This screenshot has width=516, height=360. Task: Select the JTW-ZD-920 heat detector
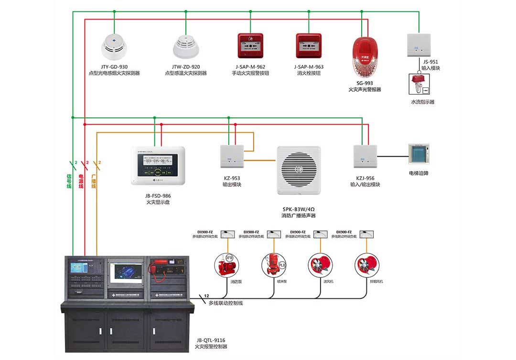point(185,45)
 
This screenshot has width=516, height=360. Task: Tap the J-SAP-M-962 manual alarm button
point(250,46)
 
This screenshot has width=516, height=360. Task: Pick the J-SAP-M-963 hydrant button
point(309,46)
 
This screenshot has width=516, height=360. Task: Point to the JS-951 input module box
point(419,45)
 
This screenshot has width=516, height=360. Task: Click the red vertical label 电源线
point(81,181)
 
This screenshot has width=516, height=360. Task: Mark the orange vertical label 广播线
point(94,181)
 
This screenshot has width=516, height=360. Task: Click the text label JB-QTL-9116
point(210,340)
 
